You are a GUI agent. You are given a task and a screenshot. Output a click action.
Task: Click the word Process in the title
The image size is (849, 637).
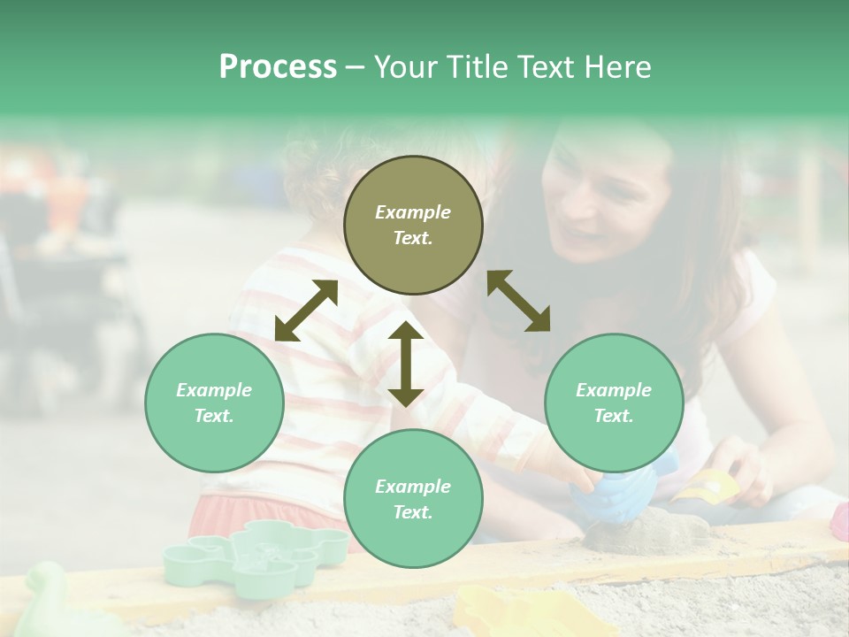pyautogui.click(x=278, y=67)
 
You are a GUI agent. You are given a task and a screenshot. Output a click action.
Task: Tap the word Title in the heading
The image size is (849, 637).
pyautogui.click(x=475, y=67)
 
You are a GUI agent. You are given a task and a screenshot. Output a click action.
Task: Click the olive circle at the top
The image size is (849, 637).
pyautogui.click(x=413, y=226)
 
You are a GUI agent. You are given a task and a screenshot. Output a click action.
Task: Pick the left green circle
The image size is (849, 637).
pyautogui.click(x=214, y=403)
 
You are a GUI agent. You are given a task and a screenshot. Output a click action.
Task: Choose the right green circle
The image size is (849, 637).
pyautogui.click(x=614, y=403)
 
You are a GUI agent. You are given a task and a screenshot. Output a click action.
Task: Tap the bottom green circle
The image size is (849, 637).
pyautogui.click(x=413, y=499)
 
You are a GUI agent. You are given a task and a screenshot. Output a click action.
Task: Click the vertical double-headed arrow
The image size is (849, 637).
pyautogui.click(x=406, y=364)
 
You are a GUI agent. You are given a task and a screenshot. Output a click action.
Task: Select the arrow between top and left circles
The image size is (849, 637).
pyautogui.click(x=306, y=311)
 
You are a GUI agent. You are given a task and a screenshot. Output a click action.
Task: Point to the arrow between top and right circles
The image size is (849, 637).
pyautogui.click(x=518, y=301)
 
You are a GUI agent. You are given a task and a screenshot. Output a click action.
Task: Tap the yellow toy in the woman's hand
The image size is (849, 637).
pyautogui.click(x=708, y=486)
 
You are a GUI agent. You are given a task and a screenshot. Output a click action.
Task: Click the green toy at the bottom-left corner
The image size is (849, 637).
pyautogui.click(x=53, y=602)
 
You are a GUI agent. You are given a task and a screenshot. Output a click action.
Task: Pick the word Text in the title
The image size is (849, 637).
pyautogui.click(x=549, y=67)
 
